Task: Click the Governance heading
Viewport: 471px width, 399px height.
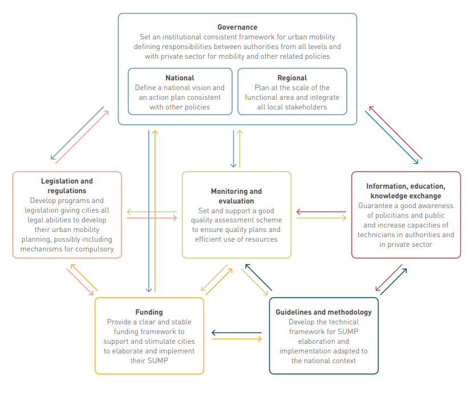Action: [237, 27]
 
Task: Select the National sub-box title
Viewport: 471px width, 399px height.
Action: [180, 78]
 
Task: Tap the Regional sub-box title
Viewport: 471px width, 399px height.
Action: [292, 78]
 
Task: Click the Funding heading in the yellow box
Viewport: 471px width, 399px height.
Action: [149, 312]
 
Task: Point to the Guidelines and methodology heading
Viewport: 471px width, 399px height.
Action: [323, 312]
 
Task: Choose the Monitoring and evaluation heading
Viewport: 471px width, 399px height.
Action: [236, 196]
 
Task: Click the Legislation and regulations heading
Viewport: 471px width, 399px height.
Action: [67, 186]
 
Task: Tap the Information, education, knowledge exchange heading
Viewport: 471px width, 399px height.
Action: [405, 191]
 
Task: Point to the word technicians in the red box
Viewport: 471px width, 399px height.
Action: [378, 235]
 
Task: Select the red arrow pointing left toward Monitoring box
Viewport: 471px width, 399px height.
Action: [322, 212]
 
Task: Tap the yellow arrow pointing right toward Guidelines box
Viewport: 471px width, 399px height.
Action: [237, 339]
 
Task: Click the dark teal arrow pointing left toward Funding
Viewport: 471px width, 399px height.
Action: [237, 332]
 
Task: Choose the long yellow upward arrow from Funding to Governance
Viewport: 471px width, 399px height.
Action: [155, 211]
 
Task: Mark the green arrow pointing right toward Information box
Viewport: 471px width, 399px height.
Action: [322, 218]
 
